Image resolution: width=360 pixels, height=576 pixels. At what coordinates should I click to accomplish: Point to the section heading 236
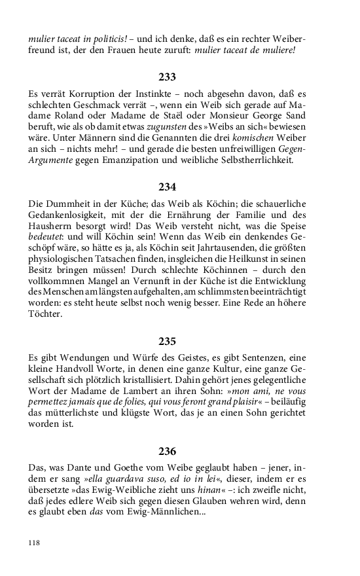point(168,451)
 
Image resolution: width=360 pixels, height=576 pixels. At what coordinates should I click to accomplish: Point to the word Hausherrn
point(52,230)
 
